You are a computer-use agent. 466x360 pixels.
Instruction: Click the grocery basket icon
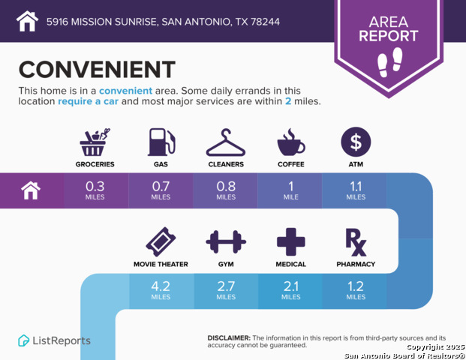95,142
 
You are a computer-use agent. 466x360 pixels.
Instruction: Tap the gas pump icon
161,142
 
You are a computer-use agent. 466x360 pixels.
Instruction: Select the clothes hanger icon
226,142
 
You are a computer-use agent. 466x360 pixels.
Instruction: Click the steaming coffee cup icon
291,142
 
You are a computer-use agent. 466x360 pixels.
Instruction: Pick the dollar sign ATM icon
356,142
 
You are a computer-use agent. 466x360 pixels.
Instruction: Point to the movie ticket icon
161,242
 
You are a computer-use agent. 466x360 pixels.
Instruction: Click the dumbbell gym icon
226,242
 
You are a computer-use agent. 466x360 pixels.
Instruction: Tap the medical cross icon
291,242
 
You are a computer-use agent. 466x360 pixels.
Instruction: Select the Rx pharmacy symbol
356,241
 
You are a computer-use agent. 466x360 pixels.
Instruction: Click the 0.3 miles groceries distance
95,189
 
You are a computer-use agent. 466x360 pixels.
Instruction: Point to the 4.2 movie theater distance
161,289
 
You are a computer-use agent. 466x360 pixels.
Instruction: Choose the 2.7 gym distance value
226,289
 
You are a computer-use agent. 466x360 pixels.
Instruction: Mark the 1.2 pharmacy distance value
356,289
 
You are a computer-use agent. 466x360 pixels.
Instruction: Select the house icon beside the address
27,21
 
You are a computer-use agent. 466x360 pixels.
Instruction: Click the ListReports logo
54,340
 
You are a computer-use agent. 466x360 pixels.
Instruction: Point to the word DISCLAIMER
229,337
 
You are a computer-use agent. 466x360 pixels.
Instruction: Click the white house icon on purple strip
31,190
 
